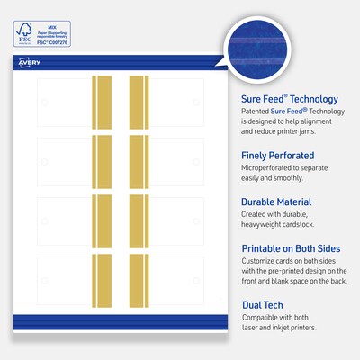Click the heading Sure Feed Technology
click(290, 99)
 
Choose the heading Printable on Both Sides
click(296, 247)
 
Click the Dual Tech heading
click(266, 304)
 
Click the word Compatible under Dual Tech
click(264, 319)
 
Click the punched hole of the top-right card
click(196, 103)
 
